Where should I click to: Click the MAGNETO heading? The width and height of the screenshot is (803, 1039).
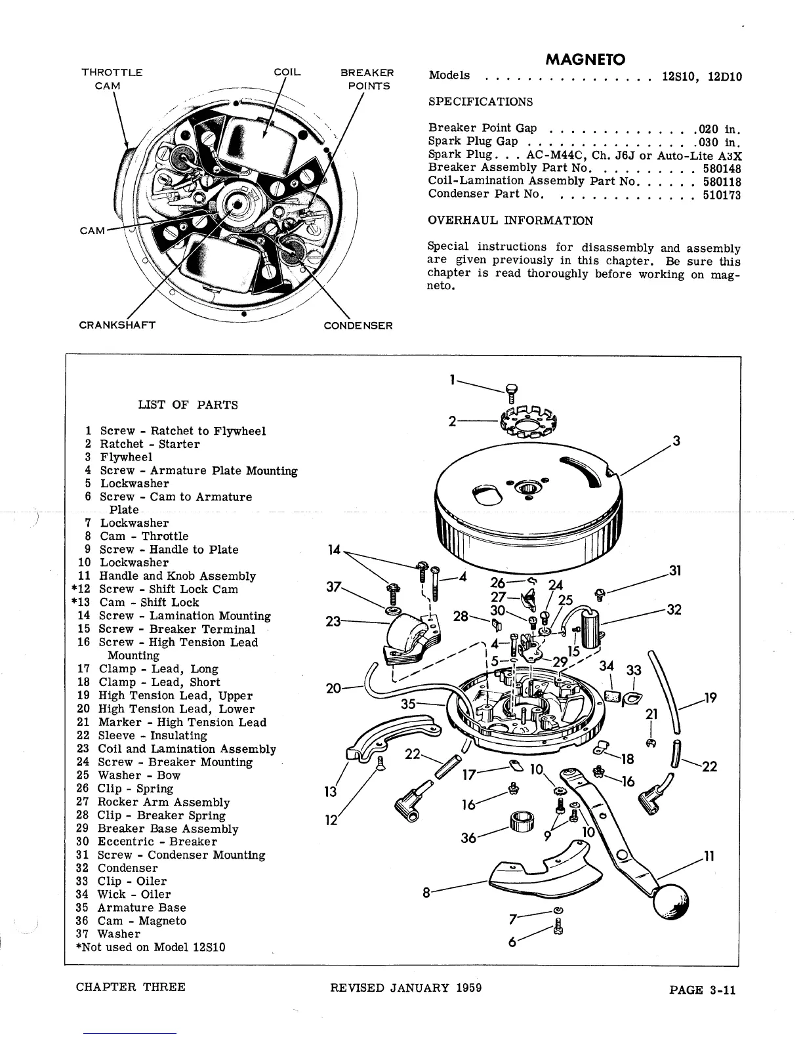[x=585, y=60]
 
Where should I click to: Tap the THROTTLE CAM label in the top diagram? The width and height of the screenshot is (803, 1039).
[x=112, y=79]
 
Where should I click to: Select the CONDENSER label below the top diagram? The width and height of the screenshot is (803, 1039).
[x=358, y=326]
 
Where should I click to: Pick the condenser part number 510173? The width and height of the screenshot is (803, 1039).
[x=722, y=194]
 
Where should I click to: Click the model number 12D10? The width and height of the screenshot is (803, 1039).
[x=725, y=76]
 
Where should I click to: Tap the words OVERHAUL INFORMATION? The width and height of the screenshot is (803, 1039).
[x=510, y=220]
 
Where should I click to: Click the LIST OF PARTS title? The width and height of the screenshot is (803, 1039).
[x=188, y=405]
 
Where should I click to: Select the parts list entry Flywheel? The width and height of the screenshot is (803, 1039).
[x=126, y=457]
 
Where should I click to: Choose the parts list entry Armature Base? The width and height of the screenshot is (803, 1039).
[x=142, y=908]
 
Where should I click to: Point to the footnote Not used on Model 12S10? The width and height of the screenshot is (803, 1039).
[x=152, y=947]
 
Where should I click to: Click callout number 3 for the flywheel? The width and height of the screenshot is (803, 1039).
[x=676, y=441]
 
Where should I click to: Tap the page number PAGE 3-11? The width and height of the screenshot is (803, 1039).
[x=702, y=990]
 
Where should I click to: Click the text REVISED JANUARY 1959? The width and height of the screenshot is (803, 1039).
[x=406, y=988]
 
